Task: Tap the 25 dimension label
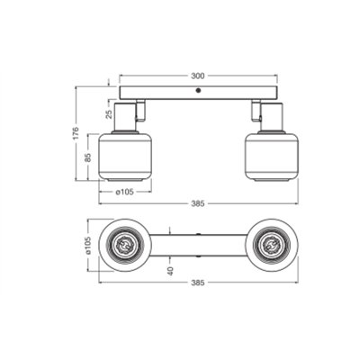click(x=99, y=116)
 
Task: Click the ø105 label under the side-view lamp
click(x=124, y=191)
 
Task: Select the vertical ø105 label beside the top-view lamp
click(x=90, y=244)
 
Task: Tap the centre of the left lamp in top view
click(x=124, y=244)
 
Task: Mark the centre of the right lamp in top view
click(x=272, y=244)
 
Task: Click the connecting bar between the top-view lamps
click(x=198, y=244)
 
